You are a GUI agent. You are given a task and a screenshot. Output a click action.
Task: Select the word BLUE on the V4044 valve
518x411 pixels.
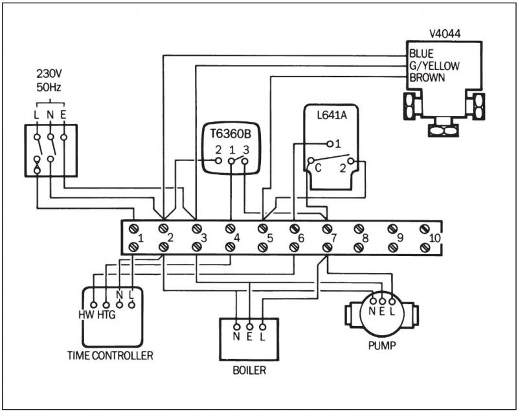tap(421, 54)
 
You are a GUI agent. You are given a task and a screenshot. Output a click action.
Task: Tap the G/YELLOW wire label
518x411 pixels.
tap(433, 65)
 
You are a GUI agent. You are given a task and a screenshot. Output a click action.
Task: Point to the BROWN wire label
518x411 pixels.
tap(427, 77)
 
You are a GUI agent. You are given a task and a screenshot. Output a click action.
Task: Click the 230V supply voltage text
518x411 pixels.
tap(50, 74)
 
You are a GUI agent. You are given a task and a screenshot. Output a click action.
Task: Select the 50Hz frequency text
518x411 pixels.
tap(50, 86)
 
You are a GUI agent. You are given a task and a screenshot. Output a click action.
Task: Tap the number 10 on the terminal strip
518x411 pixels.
tap(433, 238)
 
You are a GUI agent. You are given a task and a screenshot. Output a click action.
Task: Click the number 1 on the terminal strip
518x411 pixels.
tap(141, 238)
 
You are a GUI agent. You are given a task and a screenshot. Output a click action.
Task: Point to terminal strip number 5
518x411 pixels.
tap(270, 238)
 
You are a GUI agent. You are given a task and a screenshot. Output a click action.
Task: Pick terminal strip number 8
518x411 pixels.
tap(365, 238)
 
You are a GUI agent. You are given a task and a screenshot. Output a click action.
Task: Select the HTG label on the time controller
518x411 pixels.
tap(106, 314)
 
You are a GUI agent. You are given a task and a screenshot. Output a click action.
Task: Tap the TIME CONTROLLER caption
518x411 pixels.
tap(110, 355)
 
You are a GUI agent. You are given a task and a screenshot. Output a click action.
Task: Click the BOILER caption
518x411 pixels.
tap(249, 371)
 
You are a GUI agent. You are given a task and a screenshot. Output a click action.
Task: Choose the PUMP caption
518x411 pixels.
tap(381, 346)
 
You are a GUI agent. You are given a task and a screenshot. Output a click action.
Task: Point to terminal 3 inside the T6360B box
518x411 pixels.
tap(245, 150)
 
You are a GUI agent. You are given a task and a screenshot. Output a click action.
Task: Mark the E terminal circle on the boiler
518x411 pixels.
tap(249, 326)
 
